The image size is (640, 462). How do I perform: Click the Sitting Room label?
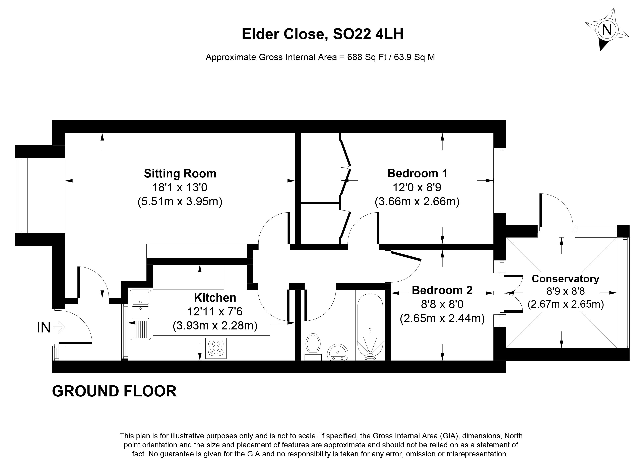click(180, 173)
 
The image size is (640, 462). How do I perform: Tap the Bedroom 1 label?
click(417, 173)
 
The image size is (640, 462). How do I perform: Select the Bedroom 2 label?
click(442, 290)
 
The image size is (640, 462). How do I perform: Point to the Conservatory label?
click(565, 279)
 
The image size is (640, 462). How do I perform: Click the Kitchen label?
click(215, 298)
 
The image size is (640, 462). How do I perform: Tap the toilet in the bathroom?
click(313, 345)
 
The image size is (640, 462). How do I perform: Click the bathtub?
click(370, 327)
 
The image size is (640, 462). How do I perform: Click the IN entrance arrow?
click(59, 327)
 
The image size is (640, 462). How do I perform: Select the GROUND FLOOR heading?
click(114, 391)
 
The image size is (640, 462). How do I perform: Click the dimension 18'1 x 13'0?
click(180, 187)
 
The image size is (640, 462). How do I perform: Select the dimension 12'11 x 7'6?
click(215, 312)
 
